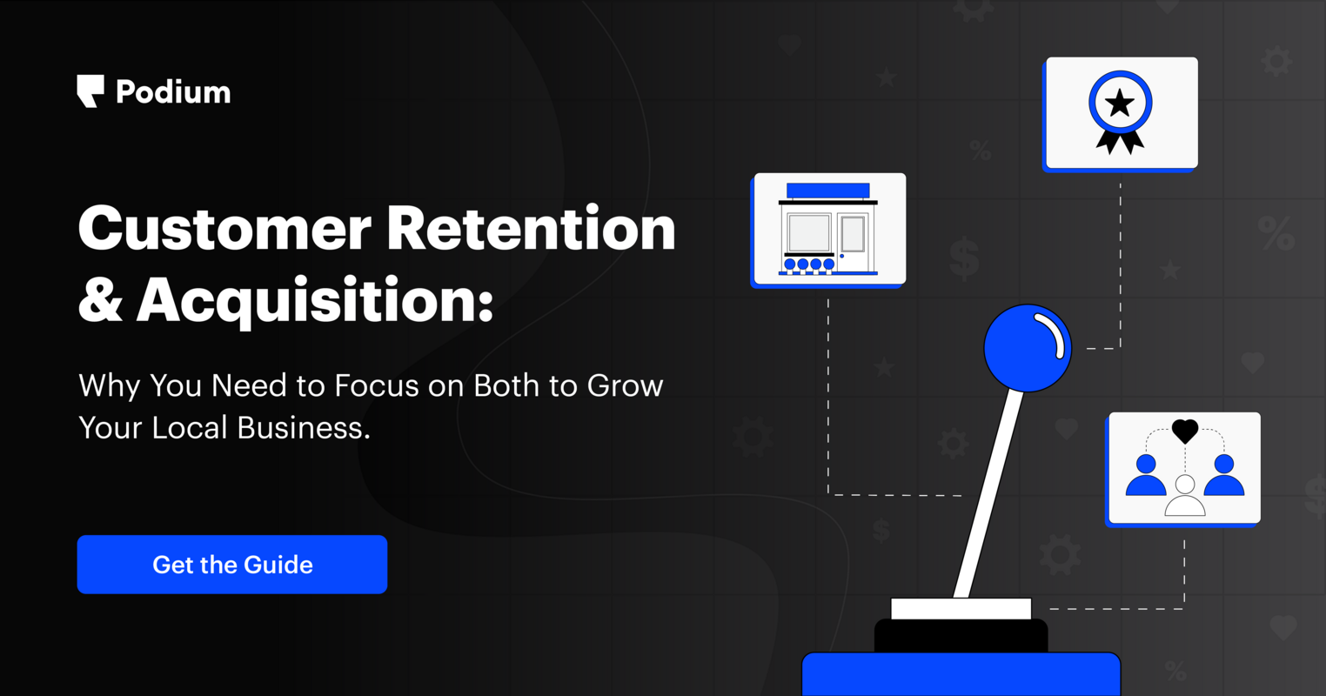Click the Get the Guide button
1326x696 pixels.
(232, 565)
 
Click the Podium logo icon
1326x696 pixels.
(90, 90)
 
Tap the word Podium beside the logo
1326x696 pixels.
(173, 92)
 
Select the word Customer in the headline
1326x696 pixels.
(224, 229)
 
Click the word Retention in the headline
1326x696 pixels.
(531, 229)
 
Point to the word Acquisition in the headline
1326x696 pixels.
(314, 300)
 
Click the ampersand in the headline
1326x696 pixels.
(100, 300)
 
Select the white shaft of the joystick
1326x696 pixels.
(989, 496)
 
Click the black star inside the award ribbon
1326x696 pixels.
(1120, 104)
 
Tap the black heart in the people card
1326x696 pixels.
(1185, 430)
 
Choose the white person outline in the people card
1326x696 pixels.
(1185, 498)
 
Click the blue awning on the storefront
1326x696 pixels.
(827, 191)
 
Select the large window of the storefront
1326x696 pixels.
(809, 233)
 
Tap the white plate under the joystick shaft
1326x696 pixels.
(961, 608)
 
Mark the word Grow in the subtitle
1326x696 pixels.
(626, 385)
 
